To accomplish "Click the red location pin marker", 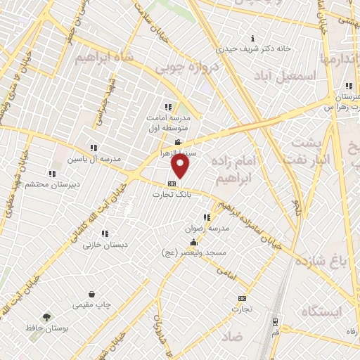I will click(x=181, y=167).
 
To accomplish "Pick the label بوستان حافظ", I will click(x=46, y=328).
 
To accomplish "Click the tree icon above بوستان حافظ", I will click(x=46, y=317).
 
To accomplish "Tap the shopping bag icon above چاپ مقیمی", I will click(x=92, y=295).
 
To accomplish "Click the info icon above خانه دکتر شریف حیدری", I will click(x=253, y=37).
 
